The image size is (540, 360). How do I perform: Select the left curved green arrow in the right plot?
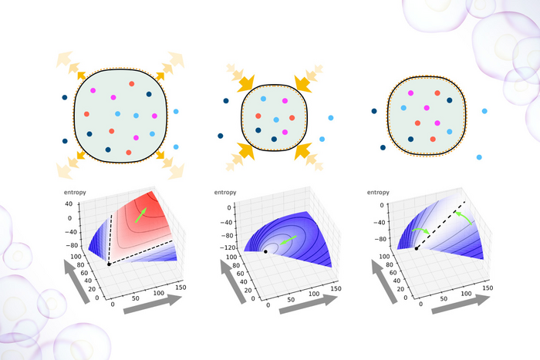(420, 230)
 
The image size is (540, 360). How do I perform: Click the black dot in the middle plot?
(265, 251)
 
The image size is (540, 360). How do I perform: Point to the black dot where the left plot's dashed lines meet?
(109, 264)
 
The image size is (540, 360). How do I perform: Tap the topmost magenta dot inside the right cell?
(410, 93)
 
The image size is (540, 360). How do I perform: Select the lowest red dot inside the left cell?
(128, 152)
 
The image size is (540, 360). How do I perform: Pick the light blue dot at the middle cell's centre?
(276, 119)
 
